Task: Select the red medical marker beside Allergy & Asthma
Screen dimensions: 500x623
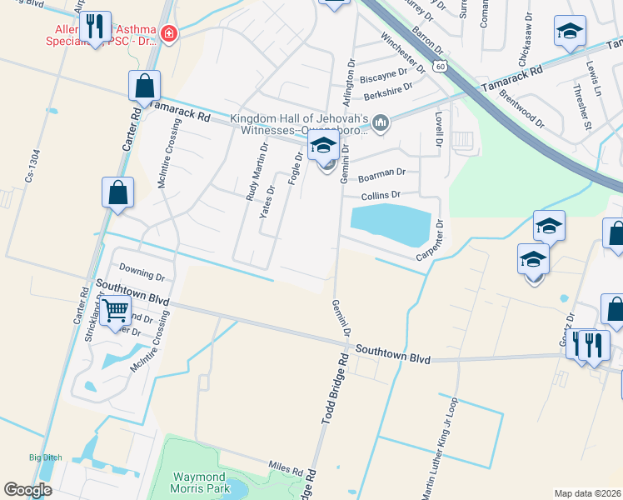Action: pyautogui.click(x=169, y=34)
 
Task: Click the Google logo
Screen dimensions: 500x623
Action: pyautogui.click(x=27, y=490)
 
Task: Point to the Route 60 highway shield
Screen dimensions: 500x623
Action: pyautogui.click(x=440, y=64)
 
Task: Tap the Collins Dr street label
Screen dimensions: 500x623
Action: pyautogui.click(x=381, y=196)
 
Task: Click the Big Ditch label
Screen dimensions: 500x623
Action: pyautogui.click(x=46, y=457)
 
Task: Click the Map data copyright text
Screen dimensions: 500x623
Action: pyautogui.click(x=587, y=493)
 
